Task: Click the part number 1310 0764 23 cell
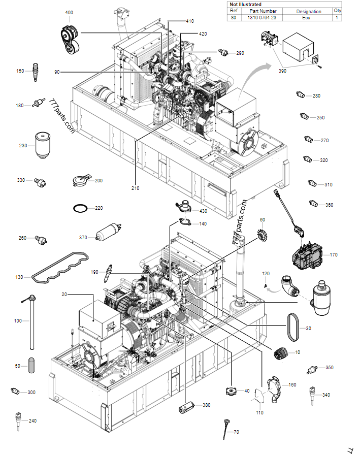point(261,18)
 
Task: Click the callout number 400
point(69,12)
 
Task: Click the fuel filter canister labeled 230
point(38,145)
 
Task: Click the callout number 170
point(334,255)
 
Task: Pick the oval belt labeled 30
point(293,328)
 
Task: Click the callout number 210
point(135,188)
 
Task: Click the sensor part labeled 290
point(223,52)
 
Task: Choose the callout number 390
point(282,71)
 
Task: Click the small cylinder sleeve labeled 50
point(31,365)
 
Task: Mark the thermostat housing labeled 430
point(182,208)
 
